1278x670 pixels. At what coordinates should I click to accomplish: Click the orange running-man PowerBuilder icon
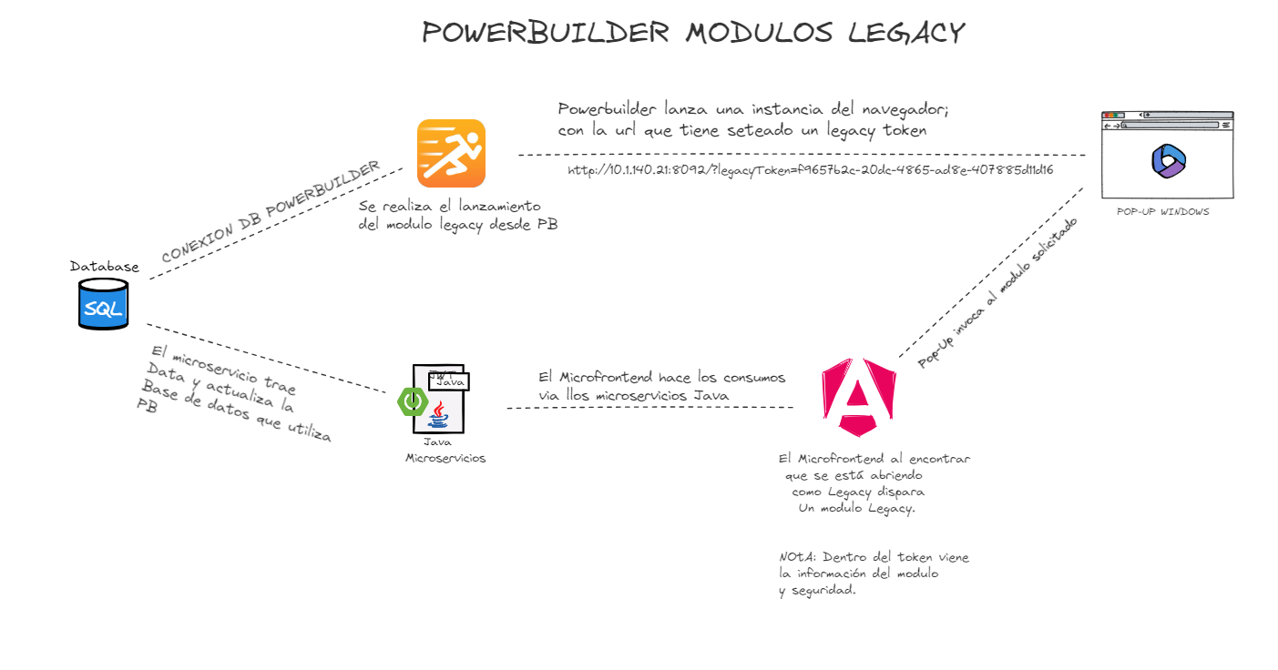point(451,153)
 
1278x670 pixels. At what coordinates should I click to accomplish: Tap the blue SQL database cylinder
point(103,304)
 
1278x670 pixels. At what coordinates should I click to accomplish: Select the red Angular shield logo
point(858,396)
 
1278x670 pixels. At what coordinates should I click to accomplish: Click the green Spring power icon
point(413,401)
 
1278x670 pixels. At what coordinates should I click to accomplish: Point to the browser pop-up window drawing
point(1167,155)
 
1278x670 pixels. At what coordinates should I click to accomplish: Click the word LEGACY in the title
point(905,33)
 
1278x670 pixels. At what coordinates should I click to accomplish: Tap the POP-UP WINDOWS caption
point(1163,211)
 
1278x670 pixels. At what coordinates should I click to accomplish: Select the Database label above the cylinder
point(105,267)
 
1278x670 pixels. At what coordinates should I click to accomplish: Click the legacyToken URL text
point(810,170)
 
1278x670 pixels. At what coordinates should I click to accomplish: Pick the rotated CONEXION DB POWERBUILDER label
point(271,212)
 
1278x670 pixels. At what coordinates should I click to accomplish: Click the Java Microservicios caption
point(445,451)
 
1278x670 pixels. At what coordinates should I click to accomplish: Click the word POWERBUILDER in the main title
point(545,33)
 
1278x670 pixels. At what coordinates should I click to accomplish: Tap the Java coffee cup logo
point(439,415)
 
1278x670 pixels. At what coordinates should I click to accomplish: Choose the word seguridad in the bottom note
point(819,590)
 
